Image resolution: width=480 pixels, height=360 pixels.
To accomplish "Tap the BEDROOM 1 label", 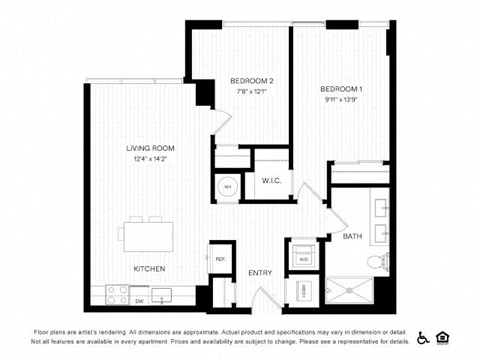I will pos(341,89).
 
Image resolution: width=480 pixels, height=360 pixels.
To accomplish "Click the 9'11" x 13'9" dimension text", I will pos(341,99).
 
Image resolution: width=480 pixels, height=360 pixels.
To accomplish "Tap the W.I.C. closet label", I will pos(271,181).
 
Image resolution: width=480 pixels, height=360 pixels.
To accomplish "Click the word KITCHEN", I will pos(149,269).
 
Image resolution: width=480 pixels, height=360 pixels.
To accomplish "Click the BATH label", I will pos(353,237).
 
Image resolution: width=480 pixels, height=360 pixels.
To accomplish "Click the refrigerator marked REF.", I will pos(220,258).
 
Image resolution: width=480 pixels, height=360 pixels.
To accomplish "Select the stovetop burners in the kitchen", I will pos(117,294).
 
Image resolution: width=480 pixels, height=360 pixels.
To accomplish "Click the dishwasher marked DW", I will pos(140,299).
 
